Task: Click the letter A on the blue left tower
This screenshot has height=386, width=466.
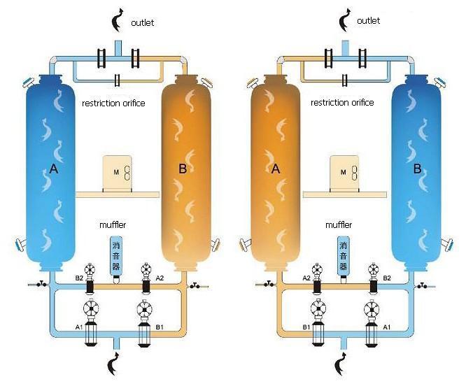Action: pyautogui.click(x=53, y=168)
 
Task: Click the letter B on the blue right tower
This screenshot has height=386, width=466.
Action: pyautogui.click(x=417, y=169)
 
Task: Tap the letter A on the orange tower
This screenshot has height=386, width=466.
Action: pyautogui.click(x=275, y=169)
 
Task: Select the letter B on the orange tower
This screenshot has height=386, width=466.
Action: pyautogui.click(x=183, y=168)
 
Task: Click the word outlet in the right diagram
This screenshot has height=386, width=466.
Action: pyautogui.click(x=369, y=21)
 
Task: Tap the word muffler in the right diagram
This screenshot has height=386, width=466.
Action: pyautogui.click(x=339, y=225)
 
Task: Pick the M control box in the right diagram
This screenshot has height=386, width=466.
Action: pyautogui.click(x=345, y=172)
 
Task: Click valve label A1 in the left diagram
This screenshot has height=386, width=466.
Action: pyautogui.click(x=80, y=326)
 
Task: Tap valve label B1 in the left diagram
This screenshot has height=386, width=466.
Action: pyautogui.click(x=159, y=327)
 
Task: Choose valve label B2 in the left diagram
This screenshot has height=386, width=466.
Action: pyautogui.click(x=80, y=278)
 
